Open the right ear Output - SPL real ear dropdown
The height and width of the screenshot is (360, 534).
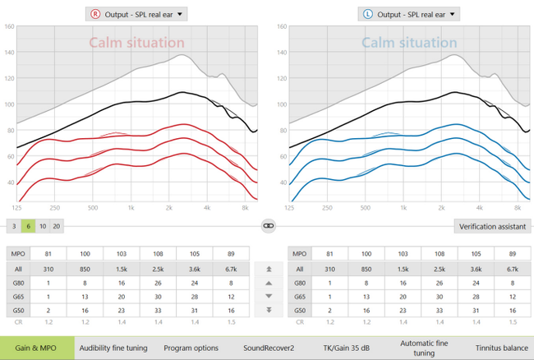point(136,13)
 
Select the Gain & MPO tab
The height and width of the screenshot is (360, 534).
point(36,348)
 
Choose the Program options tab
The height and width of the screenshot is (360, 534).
point(191,348)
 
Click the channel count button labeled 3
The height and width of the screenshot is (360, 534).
point(14,225)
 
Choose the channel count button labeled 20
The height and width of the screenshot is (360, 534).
point(56,225)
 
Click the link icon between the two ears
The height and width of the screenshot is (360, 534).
point(268,224)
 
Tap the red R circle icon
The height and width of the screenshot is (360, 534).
point(96,13)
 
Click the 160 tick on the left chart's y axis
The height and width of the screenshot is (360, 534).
point(10,26)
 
